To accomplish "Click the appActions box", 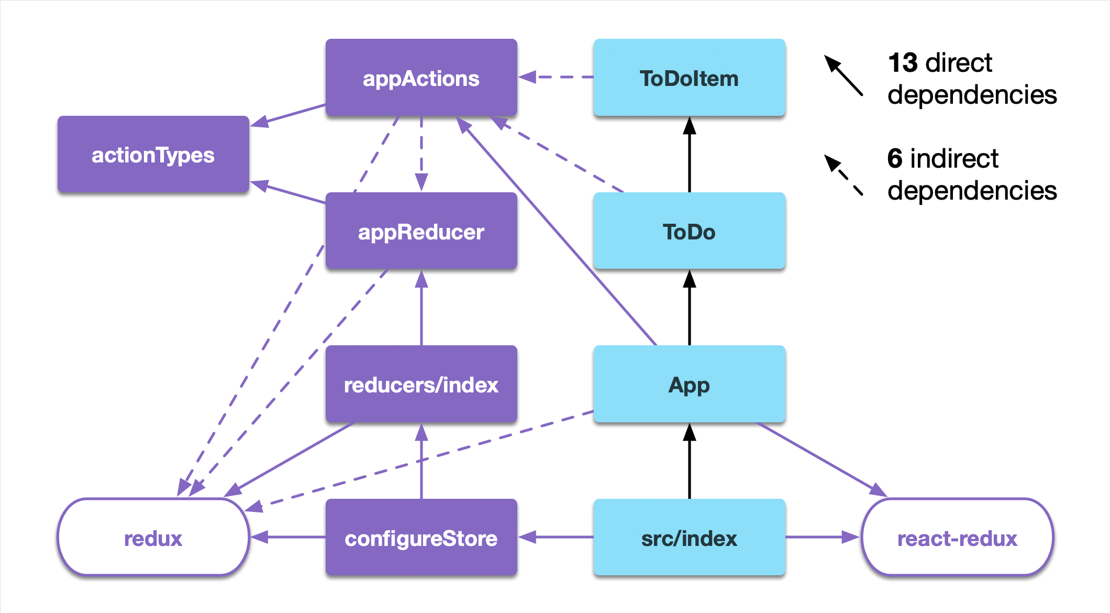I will [x=421, y=78].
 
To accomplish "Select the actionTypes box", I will [x=153, y=155].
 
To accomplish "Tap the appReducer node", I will [x=421, y=231].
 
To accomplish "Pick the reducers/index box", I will [x=421, y=384].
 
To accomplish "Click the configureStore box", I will [x=421, y=538].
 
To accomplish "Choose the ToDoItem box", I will [x=689, y=78].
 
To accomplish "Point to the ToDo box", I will [x=689, y=231].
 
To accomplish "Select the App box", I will [x=689, y=384].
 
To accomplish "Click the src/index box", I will [x=689, y=538].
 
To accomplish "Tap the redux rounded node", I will [x=153, y=538].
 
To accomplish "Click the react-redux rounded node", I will [x=957, y=538].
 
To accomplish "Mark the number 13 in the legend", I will [x=903, y=63].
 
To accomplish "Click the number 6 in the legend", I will [x=895, y=158].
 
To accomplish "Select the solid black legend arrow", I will [x=843, y=75].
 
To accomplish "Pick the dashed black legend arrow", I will [x=843, y=175].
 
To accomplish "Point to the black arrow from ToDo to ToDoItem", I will [x=690, y=155].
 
